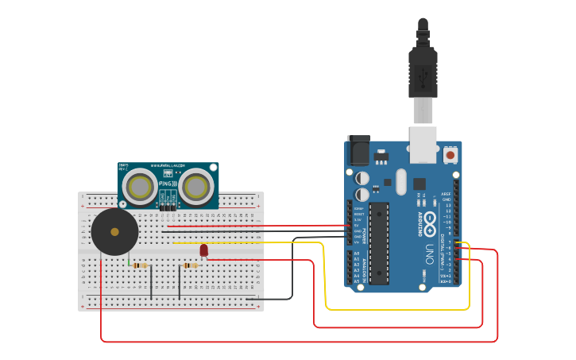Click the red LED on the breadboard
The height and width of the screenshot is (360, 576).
(x=203, y=250)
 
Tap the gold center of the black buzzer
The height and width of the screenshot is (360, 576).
(x=114, y=232)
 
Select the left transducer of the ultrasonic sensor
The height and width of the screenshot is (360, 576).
(x=141, y=188)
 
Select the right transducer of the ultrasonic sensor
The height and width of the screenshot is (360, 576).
(x=195, y=188)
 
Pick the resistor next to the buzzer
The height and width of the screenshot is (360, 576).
(x=140, y=265)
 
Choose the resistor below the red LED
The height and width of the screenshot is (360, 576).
(x=191, y=266)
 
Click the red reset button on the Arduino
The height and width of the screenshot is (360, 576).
(x=450, y=153)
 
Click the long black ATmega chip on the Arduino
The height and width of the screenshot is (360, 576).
(x=379, y=242)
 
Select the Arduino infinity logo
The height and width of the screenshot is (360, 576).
(x=430, y=219)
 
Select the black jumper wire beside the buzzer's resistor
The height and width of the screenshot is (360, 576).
(x=151, y=282)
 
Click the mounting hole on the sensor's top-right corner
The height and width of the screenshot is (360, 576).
(x=212, y=168)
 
